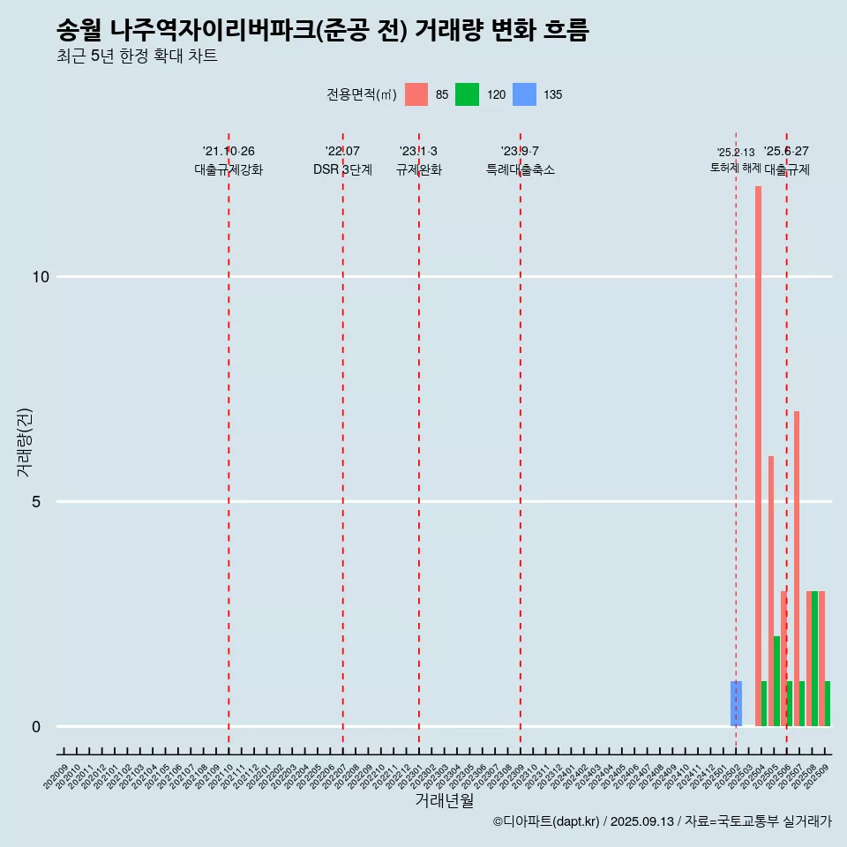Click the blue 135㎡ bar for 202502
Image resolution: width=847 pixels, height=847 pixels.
pyautogui.click(x=736, y=703)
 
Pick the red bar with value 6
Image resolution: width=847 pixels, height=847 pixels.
pyautogui.click(x=770, y=591)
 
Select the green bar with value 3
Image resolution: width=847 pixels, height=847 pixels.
pyautogui.click(x=814, y=658)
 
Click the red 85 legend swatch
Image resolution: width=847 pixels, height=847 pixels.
pyautogui.click(x=416, y=95)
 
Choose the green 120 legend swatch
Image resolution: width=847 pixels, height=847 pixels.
pyautogui.click(x=467, y=95)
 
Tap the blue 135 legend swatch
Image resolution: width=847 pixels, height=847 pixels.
pyautogui.click(x=524, y=95)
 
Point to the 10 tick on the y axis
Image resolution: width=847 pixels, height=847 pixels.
pyautogui.click(x=41, y=277)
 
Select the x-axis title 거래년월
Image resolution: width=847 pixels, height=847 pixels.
pyautogui.click(x=444, y=800)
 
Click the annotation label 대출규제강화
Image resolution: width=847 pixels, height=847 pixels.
pyautogui.click(x=229, y=169)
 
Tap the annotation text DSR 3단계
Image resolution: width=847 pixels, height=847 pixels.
pyautogui.click(x=342, y=169)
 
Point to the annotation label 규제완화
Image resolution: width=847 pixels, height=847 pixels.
pyautogui.click(x=418, y=169)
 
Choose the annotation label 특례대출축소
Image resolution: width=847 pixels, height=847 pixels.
pyautogui.click(x=520, y=169)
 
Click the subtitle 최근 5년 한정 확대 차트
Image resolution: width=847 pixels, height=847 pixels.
pyautogui.click(x=137, y=56)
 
